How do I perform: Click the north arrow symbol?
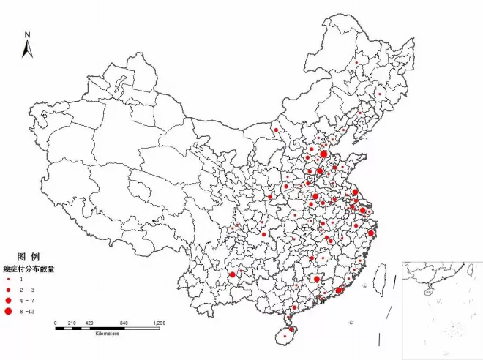[x=27, y=49]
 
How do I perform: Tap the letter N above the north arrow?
[x=27, y=34]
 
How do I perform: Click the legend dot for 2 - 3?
[x=8, y=290]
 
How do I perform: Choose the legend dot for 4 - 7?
[x=8, y=301]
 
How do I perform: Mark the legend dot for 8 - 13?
[x=8, y=312]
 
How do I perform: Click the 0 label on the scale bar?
[x=56, y=323]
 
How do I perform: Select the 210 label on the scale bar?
[x=72, y=323]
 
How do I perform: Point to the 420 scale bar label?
[x=89, y=323]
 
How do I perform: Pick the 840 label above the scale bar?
[x=123, y=323]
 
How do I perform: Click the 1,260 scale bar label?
[x=159, y=323]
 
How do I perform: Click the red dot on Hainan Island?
[x=284, y=337]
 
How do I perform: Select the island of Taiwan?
[x=381, y=279]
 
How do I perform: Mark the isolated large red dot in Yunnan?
[x=232, y=274]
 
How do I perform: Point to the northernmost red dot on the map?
[x=356, y=63]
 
